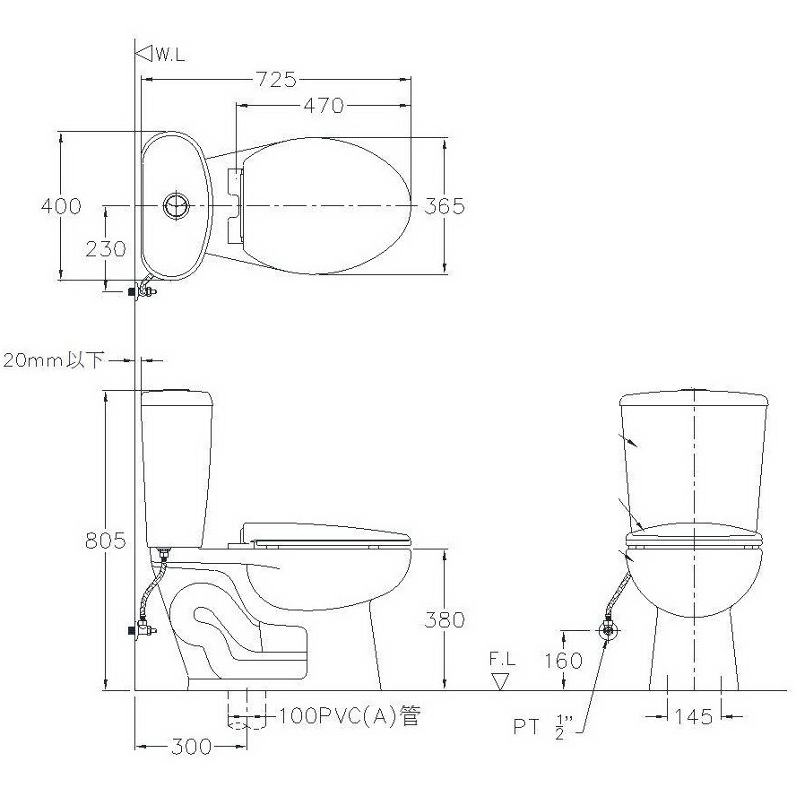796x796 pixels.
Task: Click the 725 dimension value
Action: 276,79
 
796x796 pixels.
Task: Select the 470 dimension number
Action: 324,105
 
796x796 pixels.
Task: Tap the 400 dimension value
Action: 61,206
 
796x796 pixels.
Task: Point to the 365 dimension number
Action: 445,206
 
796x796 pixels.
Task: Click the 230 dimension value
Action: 106,249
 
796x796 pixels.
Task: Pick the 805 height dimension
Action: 105,541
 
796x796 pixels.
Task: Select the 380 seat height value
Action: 445,619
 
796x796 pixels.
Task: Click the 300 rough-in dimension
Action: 191,747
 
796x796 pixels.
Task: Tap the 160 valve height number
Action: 564,661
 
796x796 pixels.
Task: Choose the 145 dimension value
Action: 694,716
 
